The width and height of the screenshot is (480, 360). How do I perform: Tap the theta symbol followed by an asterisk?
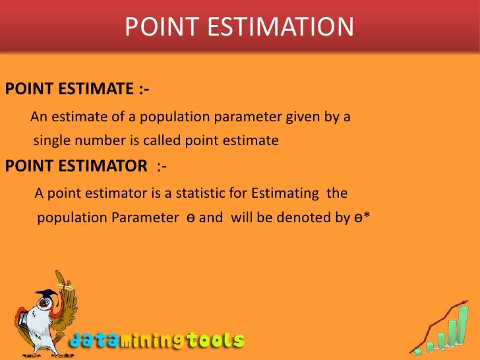coord(360,218)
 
